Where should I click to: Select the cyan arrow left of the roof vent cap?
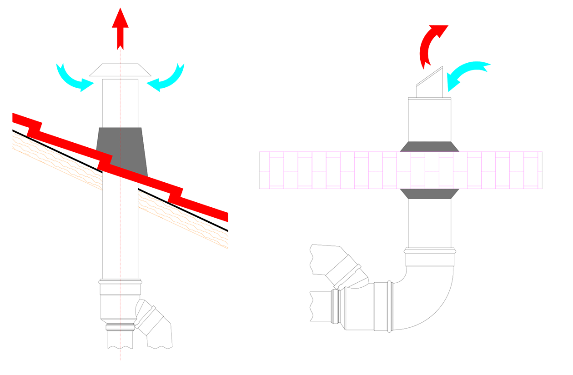point(73,77)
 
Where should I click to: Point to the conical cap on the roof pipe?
point(120,70)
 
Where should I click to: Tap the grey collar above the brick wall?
point(429,146)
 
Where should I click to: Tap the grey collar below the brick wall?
point(429,194)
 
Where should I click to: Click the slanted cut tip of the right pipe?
point(430,84)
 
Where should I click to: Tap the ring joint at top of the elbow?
point(430,251)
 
